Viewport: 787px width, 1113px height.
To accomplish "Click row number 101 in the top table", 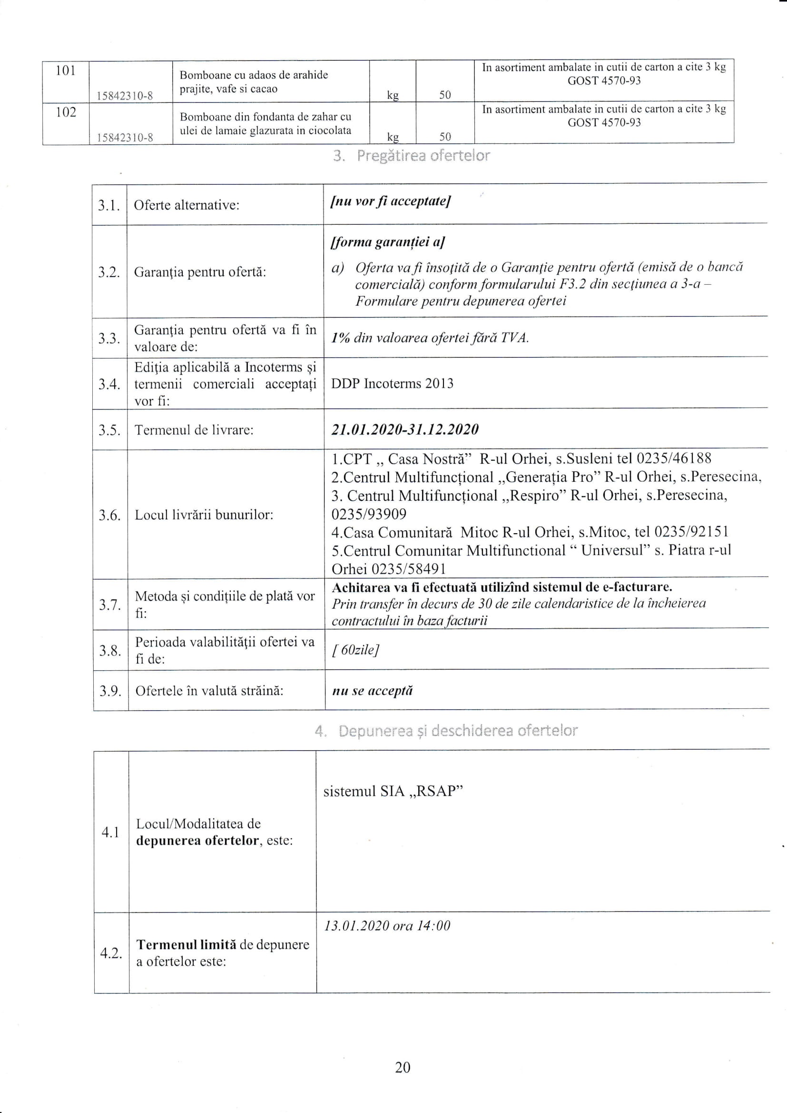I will (x=65, y=71).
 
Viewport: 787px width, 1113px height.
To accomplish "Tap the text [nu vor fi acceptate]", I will (x=390, y=201).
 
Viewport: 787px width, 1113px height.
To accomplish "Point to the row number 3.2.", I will (x=109, y=272).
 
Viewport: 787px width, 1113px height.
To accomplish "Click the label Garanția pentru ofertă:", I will (x=200, y=272).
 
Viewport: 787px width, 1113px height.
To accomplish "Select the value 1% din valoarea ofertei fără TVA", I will (x=429, y=338).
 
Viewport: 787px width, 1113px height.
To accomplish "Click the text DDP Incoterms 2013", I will (x=392, y=383).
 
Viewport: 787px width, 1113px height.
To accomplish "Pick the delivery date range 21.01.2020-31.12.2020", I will (x=404, y=429).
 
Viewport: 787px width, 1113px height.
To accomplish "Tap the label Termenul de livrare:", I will (x=194, y=430).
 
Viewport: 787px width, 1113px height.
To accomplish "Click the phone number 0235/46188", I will (x=674, y=458).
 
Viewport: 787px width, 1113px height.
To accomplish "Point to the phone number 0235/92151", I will (x=691, y=532).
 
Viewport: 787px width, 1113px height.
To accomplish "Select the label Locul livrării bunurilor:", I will (x=204, y=515).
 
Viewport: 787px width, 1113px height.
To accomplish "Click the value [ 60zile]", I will (x=355, y=650).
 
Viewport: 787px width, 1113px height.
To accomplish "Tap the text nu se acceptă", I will (x=372, y=691).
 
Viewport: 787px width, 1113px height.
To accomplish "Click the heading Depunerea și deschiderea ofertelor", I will (x=446, y=731).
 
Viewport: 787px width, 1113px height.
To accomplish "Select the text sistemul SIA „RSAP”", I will (x=393, y=791).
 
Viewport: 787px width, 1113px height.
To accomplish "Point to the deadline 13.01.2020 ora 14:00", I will (x=387, y=926).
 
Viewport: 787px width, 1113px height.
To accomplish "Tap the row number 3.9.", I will (x=110, y=691).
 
